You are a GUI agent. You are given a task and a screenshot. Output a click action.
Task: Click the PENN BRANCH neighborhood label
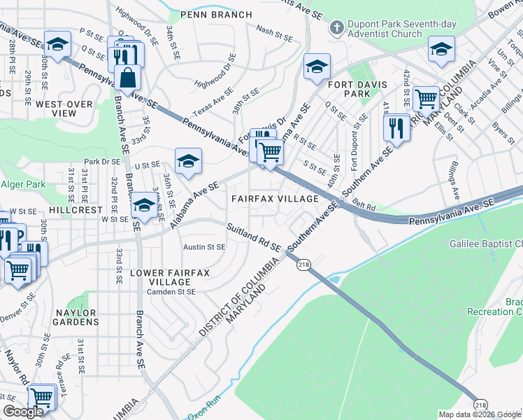tap(215, 14)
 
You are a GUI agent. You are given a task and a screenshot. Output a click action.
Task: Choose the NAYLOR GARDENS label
tap(76, 317)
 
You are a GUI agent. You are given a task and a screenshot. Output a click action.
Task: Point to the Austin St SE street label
tap(204, 247)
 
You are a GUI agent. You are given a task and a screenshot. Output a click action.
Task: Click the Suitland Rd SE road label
tap(252, 237)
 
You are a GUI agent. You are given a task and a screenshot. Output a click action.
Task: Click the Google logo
tap(23, 412)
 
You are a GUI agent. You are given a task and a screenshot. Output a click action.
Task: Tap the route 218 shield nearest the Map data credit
tap(480, 405)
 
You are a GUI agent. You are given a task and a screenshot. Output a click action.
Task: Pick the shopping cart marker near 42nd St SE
tap(426, 99)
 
